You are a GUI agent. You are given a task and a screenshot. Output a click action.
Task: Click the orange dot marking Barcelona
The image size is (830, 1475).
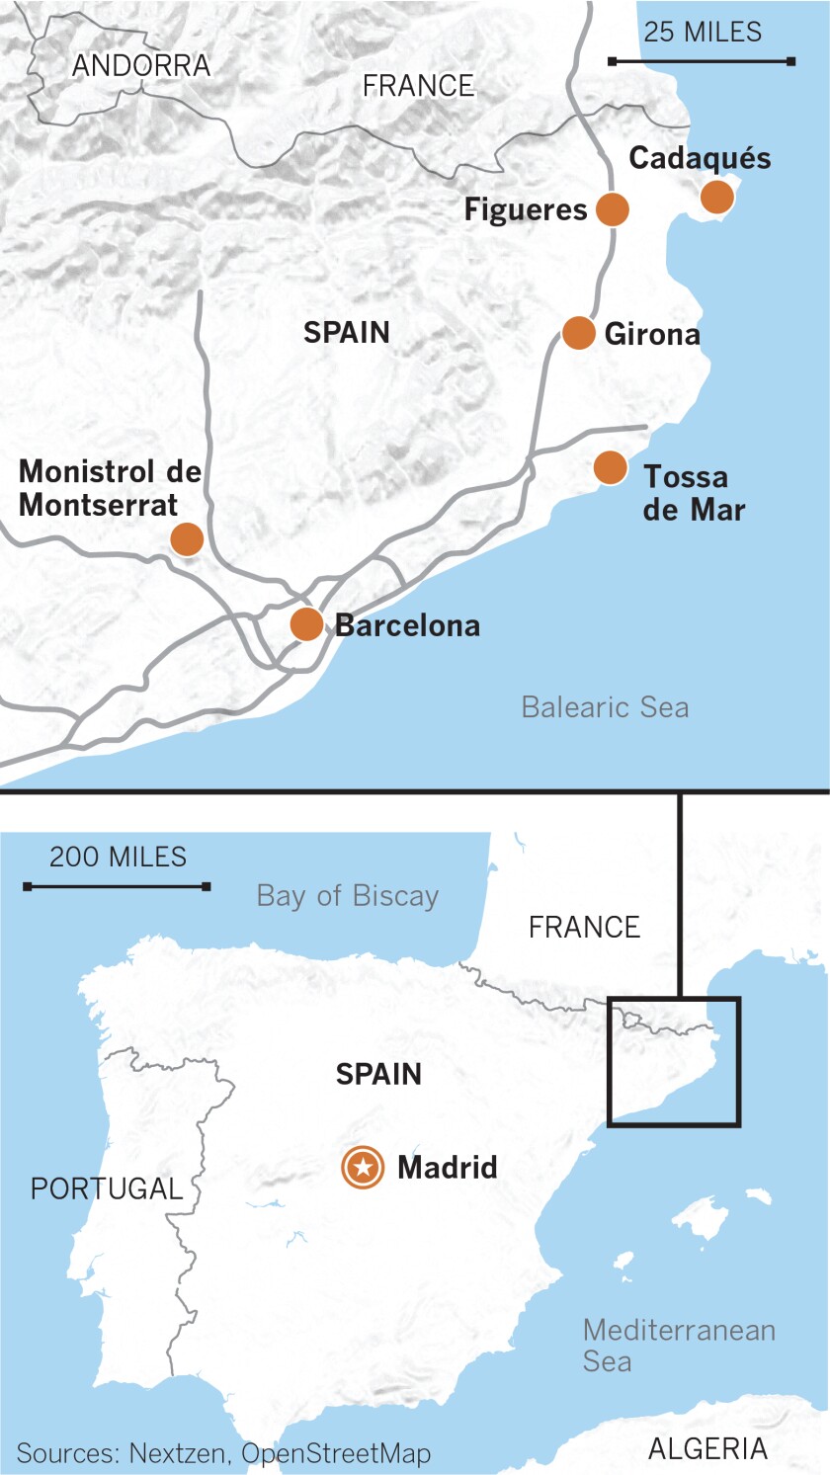[306, 624]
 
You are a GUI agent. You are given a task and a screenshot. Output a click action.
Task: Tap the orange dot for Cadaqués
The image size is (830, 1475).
[717, 197]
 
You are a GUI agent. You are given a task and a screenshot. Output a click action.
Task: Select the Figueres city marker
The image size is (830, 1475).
[613, 209]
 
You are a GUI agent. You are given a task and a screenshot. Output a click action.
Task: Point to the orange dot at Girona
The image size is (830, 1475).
[579, 333]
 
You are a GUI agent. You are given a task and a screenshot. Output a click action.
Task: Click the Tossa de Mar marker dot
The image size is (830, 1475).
[611, 467]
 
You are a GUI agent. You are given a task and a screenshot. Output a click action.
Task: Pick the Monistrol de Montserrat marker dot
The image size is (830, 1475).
[187, 539]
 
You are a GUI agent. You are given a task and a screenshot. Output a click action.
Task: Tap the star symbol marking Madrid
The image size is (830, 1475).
[364, 1168]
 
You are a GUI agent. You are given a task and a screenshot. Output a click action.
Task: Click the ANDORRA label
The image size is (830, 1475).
[141, 66]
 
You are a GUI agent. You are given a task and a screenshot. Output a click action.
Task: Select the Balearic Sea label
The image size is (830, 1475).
[605, 707]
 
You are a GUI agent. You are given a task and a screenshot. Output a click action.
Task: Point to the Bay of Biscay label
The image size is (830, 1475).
[348, 896]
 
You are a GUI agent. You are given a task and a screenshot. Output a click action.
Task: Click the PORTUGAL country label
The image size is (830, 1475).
[107, 1188]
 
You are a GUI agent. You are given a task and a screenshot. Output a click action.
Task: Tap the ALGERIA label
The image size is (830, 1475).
[707, 1448]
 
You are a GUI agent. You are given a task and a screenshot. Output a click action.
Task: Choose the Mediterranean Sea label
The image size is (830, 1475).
[679, 1345]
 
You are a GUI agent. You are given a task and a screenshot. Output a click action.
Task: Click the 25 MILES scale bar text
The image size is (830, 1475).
[703, 32]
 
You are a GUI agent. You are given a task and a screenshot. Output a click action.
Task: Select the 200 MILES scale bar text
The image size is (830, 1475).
[118, 857]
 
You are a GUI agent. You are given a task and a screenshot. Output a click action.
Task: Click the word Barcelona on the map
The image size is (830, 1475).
[408, 625]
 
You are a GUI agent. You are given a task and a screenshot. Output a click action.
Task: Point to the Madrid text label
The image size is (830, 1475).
[447, 1168]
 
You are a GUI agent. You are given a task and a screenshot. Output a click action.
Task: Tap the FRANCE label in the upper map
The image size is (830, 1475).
[418, 86]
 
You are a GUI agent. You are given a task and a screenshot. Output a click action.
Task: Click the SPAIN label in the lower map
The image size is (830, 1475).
[378, 1074]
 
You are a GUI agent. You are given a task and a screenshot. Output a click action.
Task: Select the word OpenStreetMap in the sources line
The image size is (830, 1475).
[336, 1453]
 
